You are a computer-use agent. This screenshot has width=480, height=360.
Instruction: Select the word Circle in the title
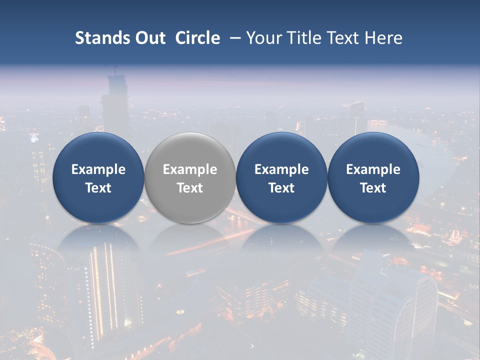tap(197, 38)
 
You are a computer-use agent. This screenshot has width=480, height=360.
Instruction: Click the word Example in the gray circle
tap(190, 169)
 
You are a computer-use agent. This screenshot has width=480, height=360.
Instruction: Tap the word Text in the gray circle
tap(190, 188)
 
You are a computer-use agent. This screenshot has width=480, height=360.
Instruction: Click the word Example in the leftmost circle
tap(98, 169)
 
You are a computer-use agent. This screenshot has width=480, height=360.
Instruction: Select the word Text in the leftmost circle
tap(98, 188)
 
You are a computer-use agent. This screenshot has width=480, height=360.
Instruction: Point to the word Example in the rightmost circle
tap(373, 169)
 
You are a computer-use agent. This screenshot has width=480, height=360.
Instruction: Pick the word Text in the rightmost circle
tap(373, 188)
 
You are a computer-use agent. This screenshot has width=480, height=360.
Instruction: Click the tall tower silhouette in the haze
tap(115, 105)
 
